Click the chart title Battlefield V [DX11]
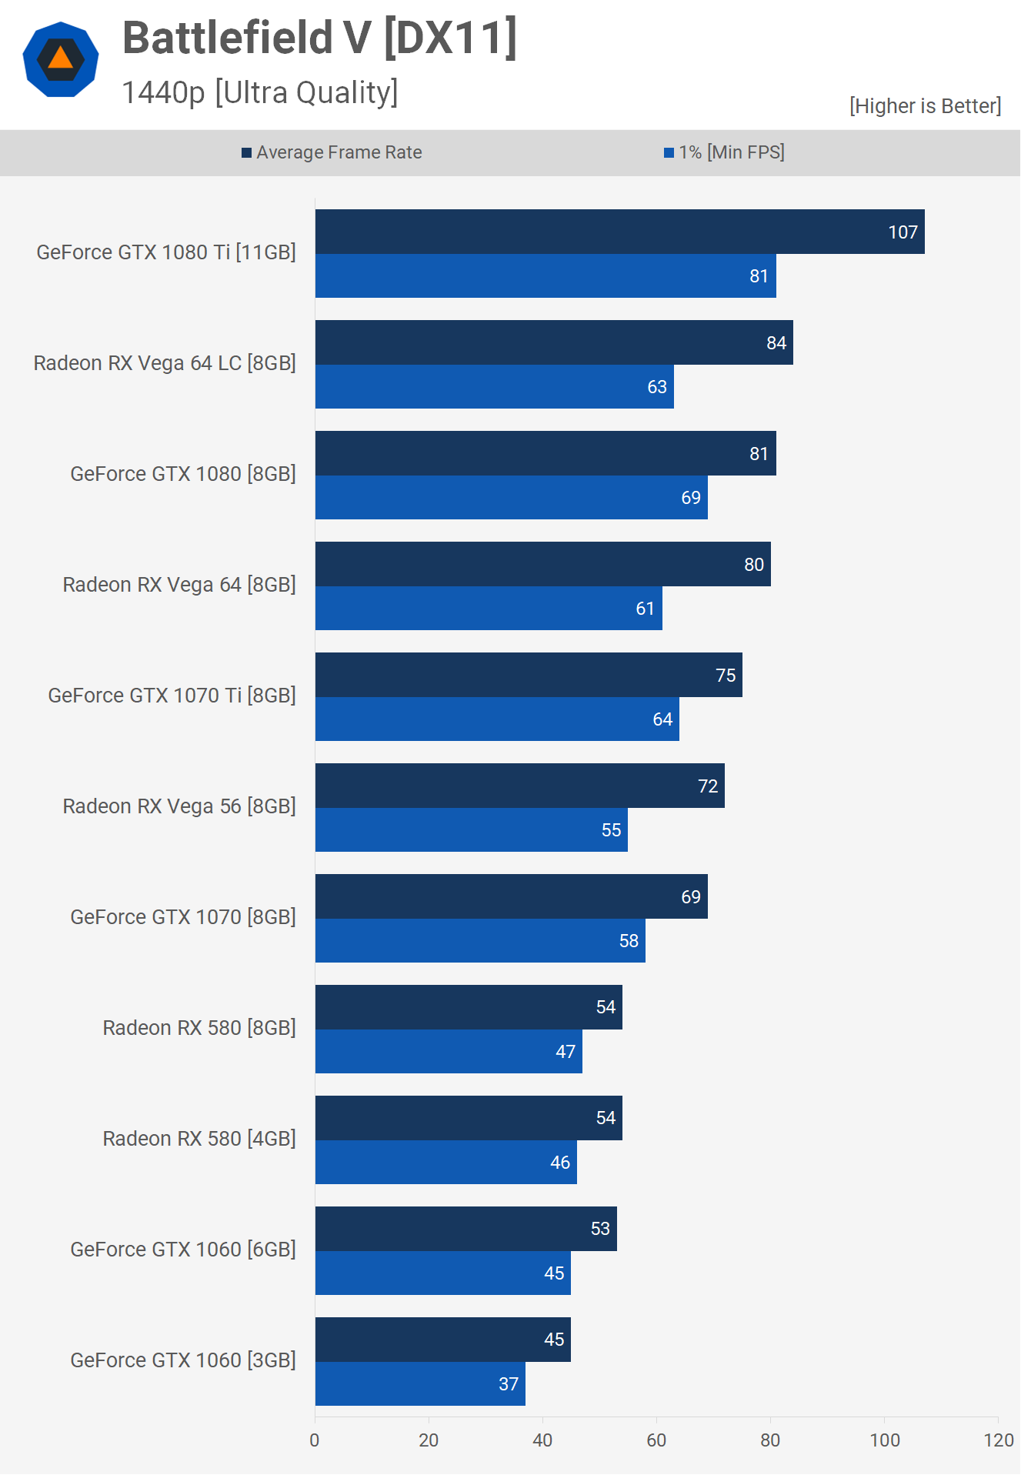[319, 38]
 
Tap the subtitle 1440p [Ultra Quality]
[260, 92]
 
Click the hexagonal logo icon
[61, 59]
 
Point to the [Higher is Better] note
[925, 106]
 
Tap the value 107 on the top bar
[903, 232]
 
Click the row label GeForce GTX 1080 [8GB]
[183, 474]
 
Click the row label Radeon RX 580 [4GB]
[199, 1139]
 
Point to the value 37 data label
[509, 1384]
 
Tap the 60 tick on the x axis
[656, 1440]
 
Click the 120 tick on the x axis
[998, 1440]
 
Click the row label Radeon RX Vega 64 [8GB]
[179, 585]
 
